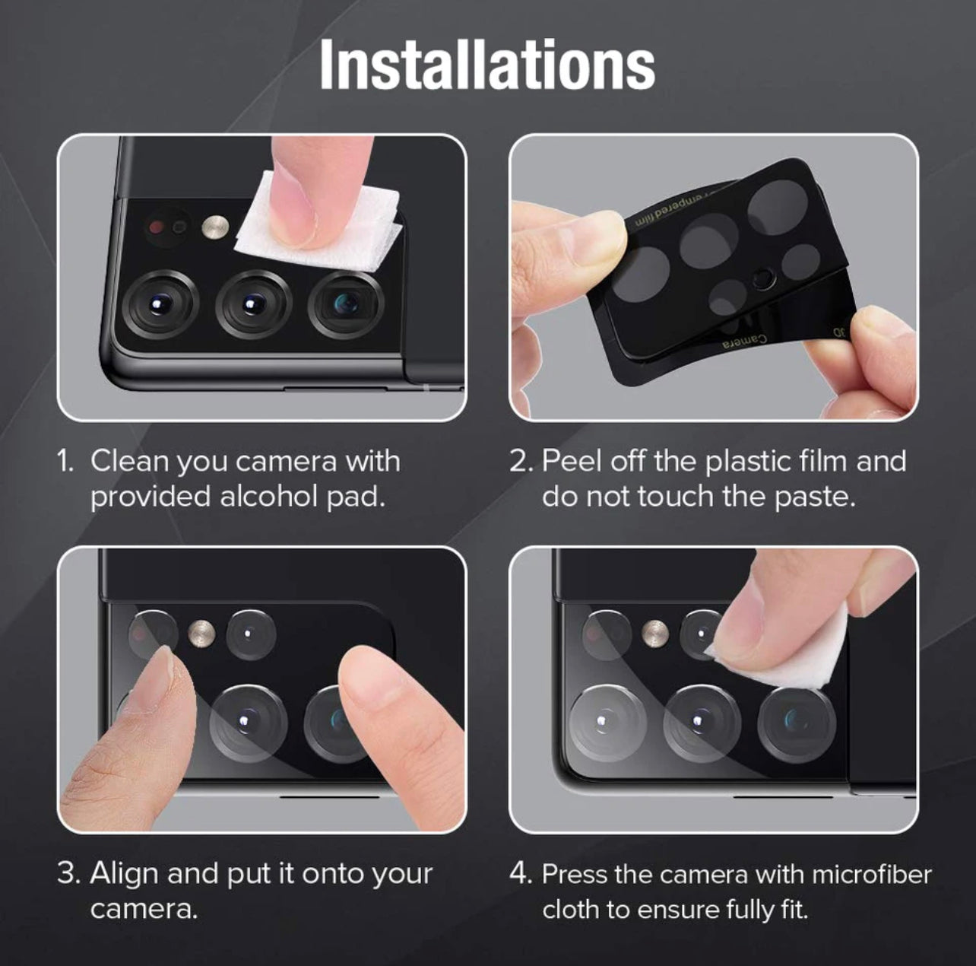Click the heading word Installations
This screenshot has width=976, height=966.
tap(488, 65)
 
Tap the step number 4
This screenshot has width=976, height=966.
tap(520, 874)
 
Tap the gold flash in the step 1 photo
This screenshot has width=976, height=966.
tap(215, 227)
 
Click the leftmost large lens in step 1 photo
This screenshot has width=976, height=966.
tap(160, 304)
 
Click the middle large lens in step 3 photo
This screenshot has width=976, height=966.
tap(247, 722)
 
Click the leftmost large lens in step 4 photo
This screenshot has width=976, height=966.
tap(607, 723)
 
